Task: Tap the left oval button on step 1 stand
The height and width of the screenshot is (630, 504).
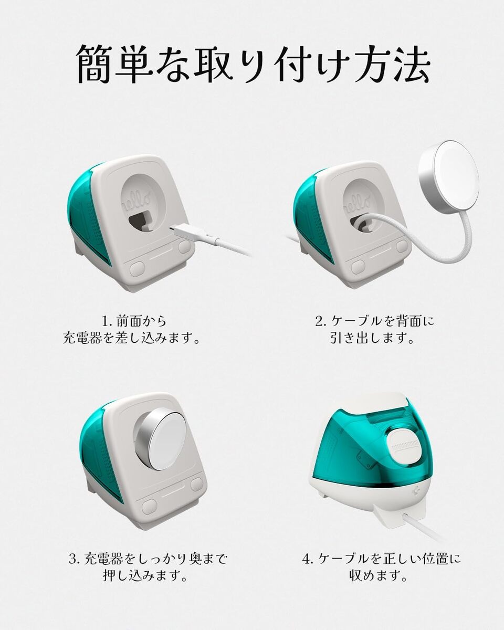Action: [x=137, y=269]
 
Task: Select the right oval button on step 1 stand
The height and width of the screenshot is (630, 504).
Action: [x=184, y=247]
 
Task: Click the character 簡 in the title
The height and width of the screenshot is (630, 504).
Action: [x=95, y=64]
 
